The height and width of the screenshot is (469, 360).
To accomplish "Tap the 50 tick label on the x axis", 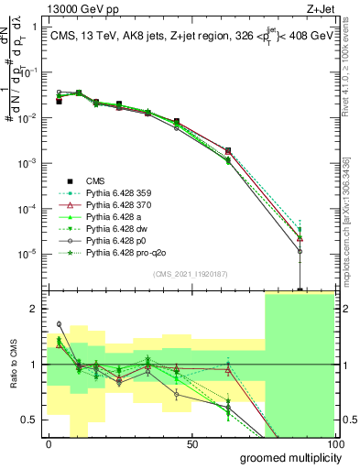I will [x=192, y=443].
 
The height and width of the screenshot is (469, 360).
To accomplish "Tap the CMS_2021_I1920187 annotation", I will [x=191, y=274].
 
